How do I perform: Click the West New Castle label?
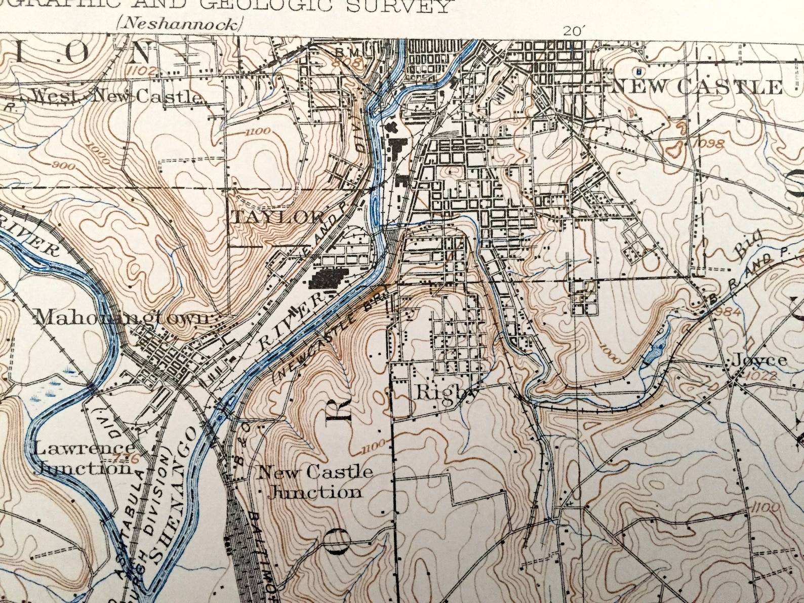click(115, 96)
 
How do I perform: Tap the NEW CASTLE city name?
click(697, 88)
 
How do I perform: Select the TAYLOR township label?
click(278, 217)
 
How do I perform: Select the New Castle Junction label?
click(315, 481)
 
